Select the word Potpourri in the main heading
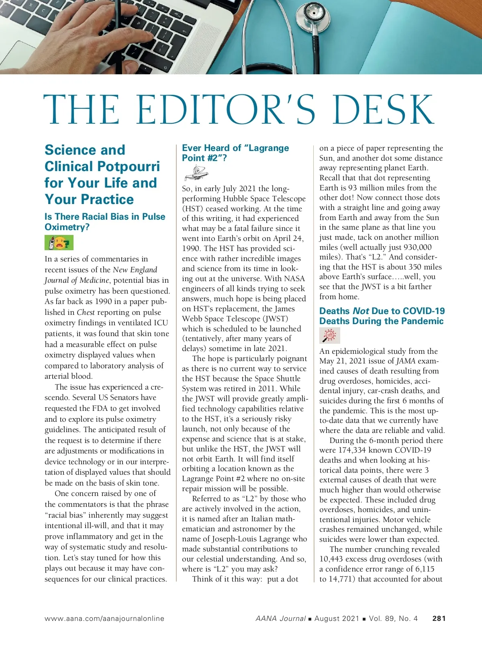tap(127, 166)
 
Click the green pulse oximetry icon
tap(59, 243)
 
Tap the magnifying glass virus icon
tap(330, 335)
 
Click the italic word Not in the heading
tap(361, 311)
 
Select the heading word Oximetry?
tap(67, 227)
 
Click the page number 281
tap(439, 618)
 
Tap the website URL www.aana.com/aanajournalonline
tap(104, 618)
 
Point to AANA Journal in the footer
tap(280, 618)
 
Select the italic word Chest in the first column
tap(86, 312)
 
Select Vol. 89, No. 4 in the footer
tap(393, 618)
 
